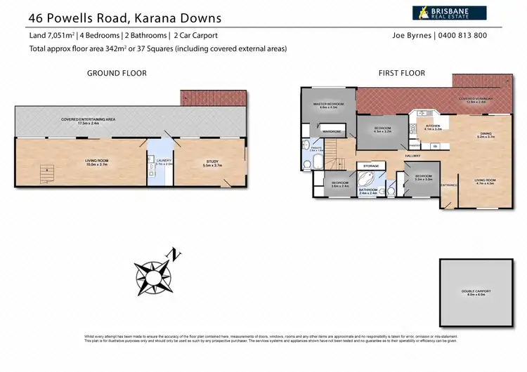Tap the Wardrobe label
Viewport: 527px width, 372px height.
coord(332,131)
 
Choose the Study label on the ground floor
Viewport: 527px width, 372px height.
coord(212,161)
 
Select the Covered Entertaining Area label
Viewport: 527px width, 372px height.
coord(89,120)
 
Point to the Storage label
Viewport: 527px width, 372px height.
coord(371,166)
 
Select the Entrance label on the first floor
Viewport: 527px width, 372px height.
coord(448,185)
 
